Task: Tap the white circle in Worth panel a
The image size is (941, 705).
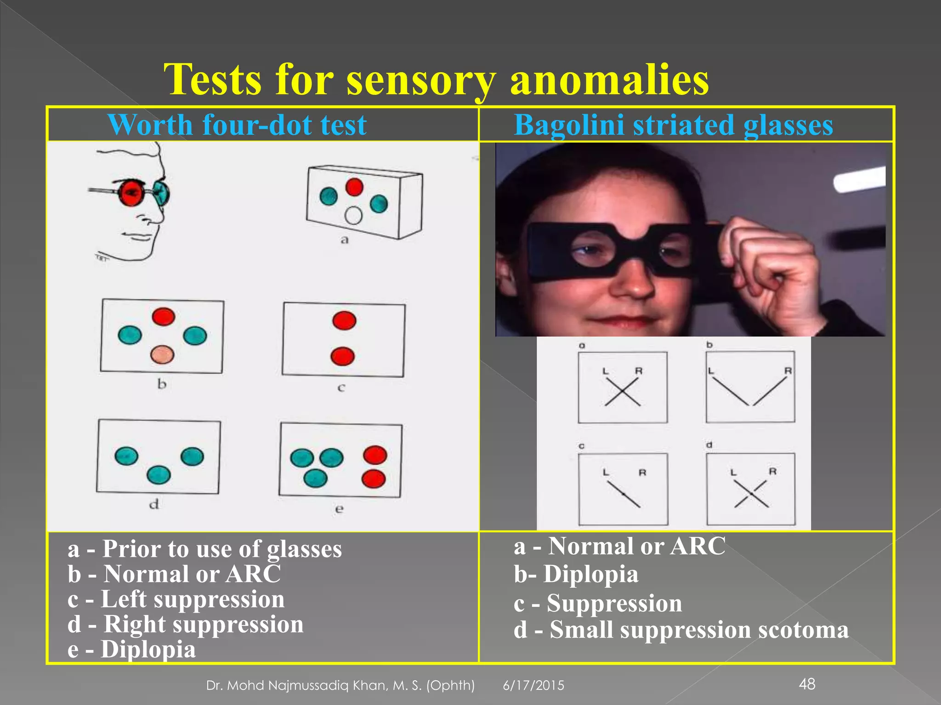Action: coord(353,215)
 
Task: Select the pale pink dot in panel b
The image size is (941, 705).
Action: coord(163,354)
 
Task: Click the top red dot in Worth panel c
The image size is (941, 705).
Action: coord(344,320)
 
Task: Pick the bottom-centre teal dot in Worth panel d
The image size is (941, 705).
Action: coord(159,475)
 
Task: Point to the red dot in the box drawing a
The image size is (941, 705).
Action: coord(354,187)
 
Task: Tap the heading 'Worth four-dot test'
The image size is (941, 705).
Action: coord(237,125)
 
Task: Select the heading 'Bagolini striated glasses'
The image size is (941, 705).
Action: coord(673,125)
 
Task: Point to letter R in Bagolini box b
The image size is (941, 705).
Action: coord(788,370)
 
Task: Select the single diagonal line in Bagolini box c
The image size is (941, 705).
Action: coord(624,494)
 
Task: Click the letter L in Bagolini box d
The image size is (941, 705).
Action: coord(733,472)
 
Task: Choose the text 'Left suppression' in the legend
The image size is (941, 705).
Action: coord(193,599)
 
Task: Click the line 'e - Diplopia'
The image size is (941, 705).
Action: coord(132,649)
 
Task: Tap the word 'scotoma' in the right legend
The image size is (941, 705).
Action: coord(803,630)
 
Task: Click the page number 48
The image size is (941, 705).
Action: coord(807,684)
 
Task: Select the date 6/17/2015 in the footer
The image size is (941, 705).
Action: coord(533,685)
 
